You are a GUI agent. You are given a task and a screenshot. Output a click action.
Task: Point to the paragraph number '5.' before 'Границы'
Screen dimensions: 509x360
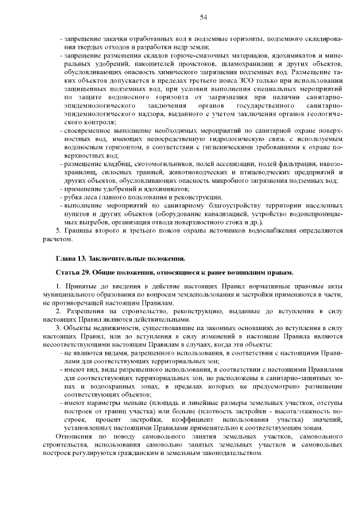tap(58, 231)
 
